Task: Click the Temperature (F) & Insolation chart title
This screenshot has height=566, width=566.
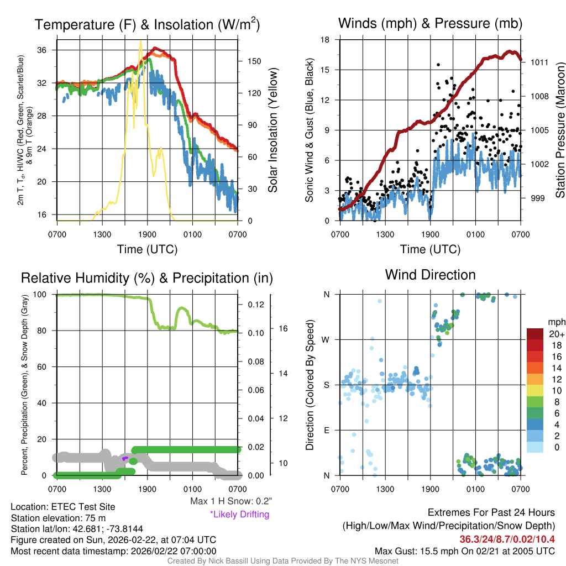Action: [147, 25]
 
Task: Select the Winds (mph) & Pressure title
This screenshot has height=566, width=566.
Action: [430, 23]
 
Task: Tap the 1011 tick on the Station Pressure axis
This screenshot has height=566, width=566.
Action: [539, 62]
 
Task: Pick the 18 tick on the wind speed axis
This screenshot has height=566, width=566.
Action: [326, 40]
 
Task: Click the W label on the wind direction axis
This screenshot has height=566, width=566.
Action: [327, 339]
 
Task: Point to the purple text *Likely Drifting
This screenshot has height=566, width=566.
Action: [239, 515]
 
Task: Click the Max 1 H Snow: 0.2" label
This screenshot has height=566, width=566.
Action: [230, 501]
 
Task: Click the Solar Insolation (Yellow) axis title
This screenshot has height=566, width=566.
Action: [272, 130]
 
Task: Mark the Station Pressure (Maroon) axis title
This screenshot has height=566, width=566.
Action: [559, 130]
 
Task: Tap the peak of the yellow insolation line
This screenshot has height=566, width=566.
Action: [141, 41]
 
